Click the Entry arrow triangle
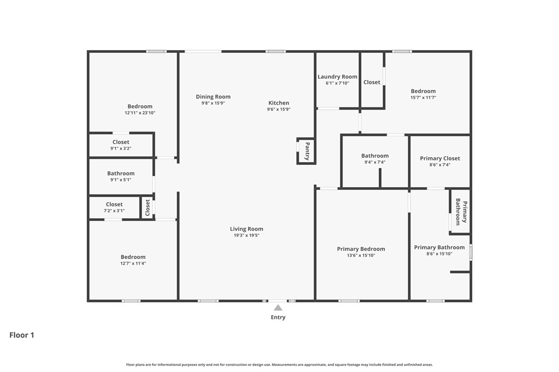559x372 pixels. [278, 308]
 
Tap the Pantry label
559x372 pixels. [307, 151]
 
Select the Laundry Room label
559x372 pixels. [337, 77]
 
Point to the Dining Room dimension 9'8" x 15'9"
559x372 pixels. [213, 103]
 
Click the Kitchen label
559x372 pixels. [278, 103]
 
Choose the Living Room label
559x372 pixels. [246, 229]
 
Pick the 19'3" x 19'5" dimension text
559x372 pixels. [246, 236]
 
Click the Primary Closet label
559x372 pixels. [439, 158]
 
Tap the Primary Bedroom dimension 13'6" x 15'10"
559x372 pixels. [361, 255]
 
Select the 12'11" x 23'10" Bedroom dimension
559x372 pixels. [140, 113]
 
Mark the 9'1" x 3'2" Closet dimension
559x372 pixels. [121, 148]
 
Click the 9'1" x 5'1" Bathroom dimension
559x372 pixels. [121, 179]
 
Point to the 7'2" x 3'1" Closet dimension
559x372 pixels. [114, 211]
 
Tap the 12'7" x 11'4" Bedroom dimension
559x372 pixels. [133, 263]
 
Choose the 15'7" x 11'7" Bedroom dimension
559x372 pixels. [423, 98]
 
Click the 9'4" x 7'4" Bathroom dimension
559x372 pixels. [374, 162]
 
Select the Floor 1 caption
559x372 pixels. [22, 335]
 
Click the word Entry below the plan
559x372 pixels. [278, 317]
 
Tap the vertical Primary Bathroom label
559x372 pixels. [461, 212]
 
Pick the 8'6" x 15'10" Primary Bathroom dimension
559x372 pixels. [439, 254]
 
